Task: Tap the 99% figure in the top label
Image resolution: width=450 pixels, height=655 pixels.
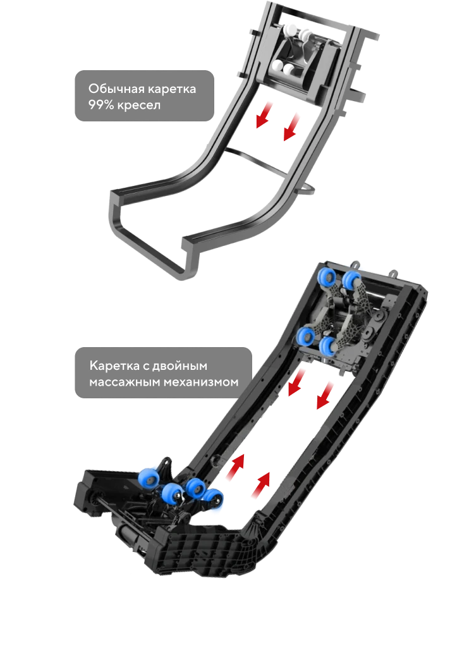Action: point(101,105)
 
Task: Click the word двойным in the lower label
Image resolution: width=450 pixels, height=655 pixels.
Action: point(179,366)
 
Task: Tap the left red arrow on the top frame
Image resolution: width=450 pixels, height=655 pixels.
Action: point(264,115)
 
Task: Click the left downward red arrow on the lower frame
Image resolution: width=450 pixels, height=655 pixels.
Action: point(297,383)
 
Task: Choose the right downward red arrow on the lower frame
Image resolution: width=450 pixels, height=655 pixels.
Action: point(325,395)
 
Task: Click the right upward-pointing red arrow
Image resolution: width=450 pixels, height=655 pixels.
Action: point(261,485)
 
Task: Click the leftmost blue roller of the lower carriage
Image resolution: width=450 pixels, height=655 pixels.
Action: point(148,478)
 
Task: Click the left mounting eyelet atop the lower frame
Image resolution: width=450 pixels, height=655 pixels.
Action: point(355,264)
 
